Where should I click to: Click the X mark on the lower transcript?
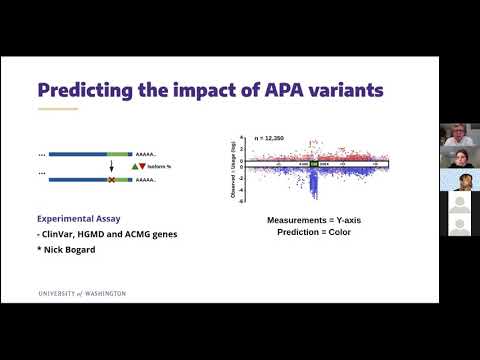[x=112, y=180]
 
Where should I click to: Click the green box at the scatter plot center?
[x=312, y=164]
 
